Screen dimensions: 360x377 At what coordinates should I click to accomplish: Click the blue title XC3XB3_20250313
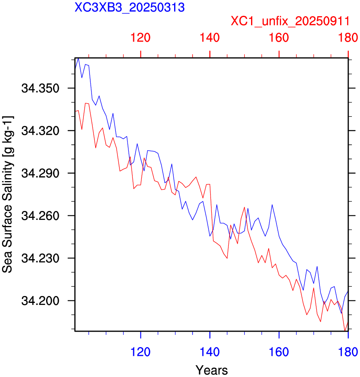[x=130, y=7]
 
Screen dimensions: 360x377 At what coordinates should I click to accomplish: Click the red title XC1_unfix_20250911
[x=290, y=21]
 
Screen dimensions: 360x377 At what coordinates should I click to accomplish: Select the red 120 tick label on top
[x=141, y=38]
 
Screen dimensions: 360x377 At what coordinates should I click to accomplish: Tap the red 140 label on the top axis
[x=210, y=38]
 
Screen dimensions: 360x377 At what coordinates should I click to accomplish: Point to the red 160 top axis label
[x=279, y=38]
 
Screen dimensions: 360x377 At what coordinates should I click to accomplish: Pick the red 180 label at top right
[x=348, y=38]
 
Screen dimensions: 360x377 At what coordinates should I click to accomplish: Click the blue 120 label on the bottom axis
[x=141, y=352]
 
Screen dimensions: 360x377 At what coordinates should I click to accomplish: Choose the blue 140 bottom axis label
[x=210, y=352]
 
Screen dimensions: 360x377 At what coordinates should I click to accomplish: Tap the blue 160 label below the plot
[x=279, y=352]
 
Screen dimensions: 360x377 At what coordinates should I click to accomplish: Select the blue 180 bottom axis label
[x=348, y=352]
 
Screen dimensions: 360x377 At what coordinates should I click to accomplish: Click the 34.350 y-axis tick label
[x=40, y=88]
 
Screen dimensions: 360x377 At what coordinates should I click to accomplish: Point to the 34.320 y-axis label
[x=40, y=131]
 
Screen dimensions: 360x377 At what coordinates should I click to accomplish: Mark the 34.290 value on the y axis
[x=40, y=173]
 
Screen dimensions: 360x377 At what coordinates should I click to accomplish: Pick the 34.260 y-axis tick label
[x=40, y=216]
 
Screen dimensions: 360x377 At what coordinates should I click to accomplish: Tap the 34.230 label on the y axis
[x=40, y=258]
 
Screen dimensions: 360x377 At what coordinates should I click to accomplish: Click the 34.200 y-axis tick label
[x=40, y=300]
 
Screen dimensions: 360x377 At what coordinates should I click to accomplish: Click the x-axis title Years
[x=212, y=370]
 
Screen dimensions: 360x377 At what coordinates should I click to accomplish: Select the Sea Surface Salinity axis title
[x=8, y=194]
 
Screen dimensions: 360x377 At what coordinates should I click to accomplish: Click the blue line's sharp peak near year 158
[x=272, y=204]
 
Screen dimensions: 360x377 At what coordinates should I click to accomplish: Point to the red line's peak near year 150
[x=244, y=207]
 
